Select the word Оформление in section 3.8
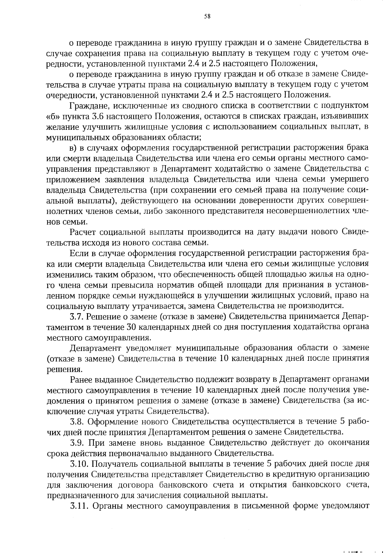112,422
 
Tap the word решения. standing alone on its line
59,370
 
